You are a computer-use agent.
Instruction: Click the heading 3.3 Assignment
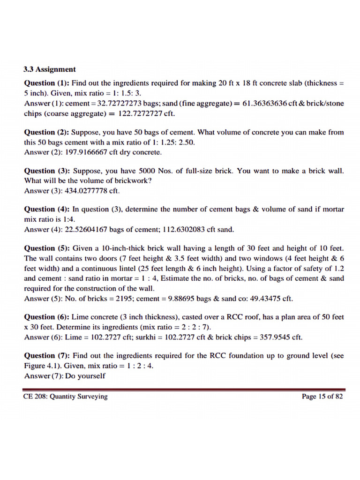coord(49,69)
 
